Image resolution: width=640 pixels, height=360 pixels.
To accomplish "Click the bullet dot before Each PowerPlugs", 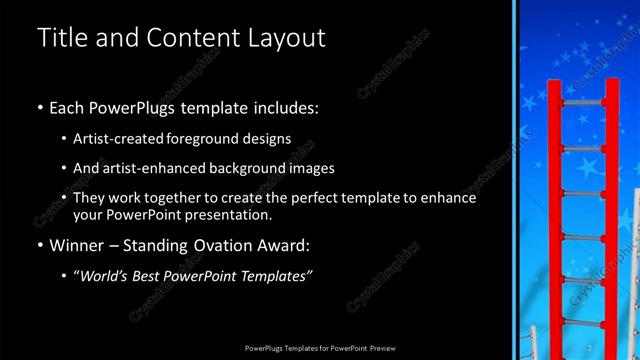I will (39, 106).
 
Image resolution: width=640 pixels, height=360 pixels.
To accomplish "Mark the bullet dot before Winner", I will (39, 246).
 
